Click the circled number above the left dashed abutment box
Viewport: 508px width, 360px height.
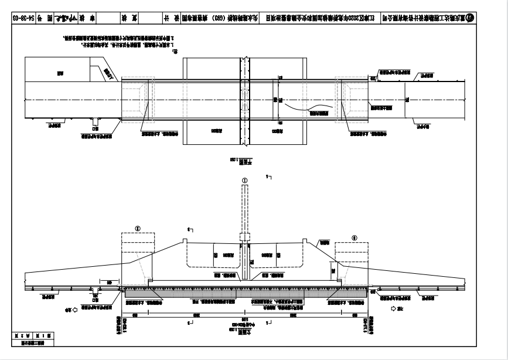click(x=138, y=223)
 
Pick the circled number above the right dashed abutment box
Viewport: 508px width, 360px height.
click(x=354, y=237)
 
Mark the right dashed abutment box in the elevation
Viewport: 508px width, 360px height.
click(x=351, y=257)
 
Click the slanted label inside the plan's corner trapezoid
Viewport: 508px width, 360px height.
click(x=108, y=73)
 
